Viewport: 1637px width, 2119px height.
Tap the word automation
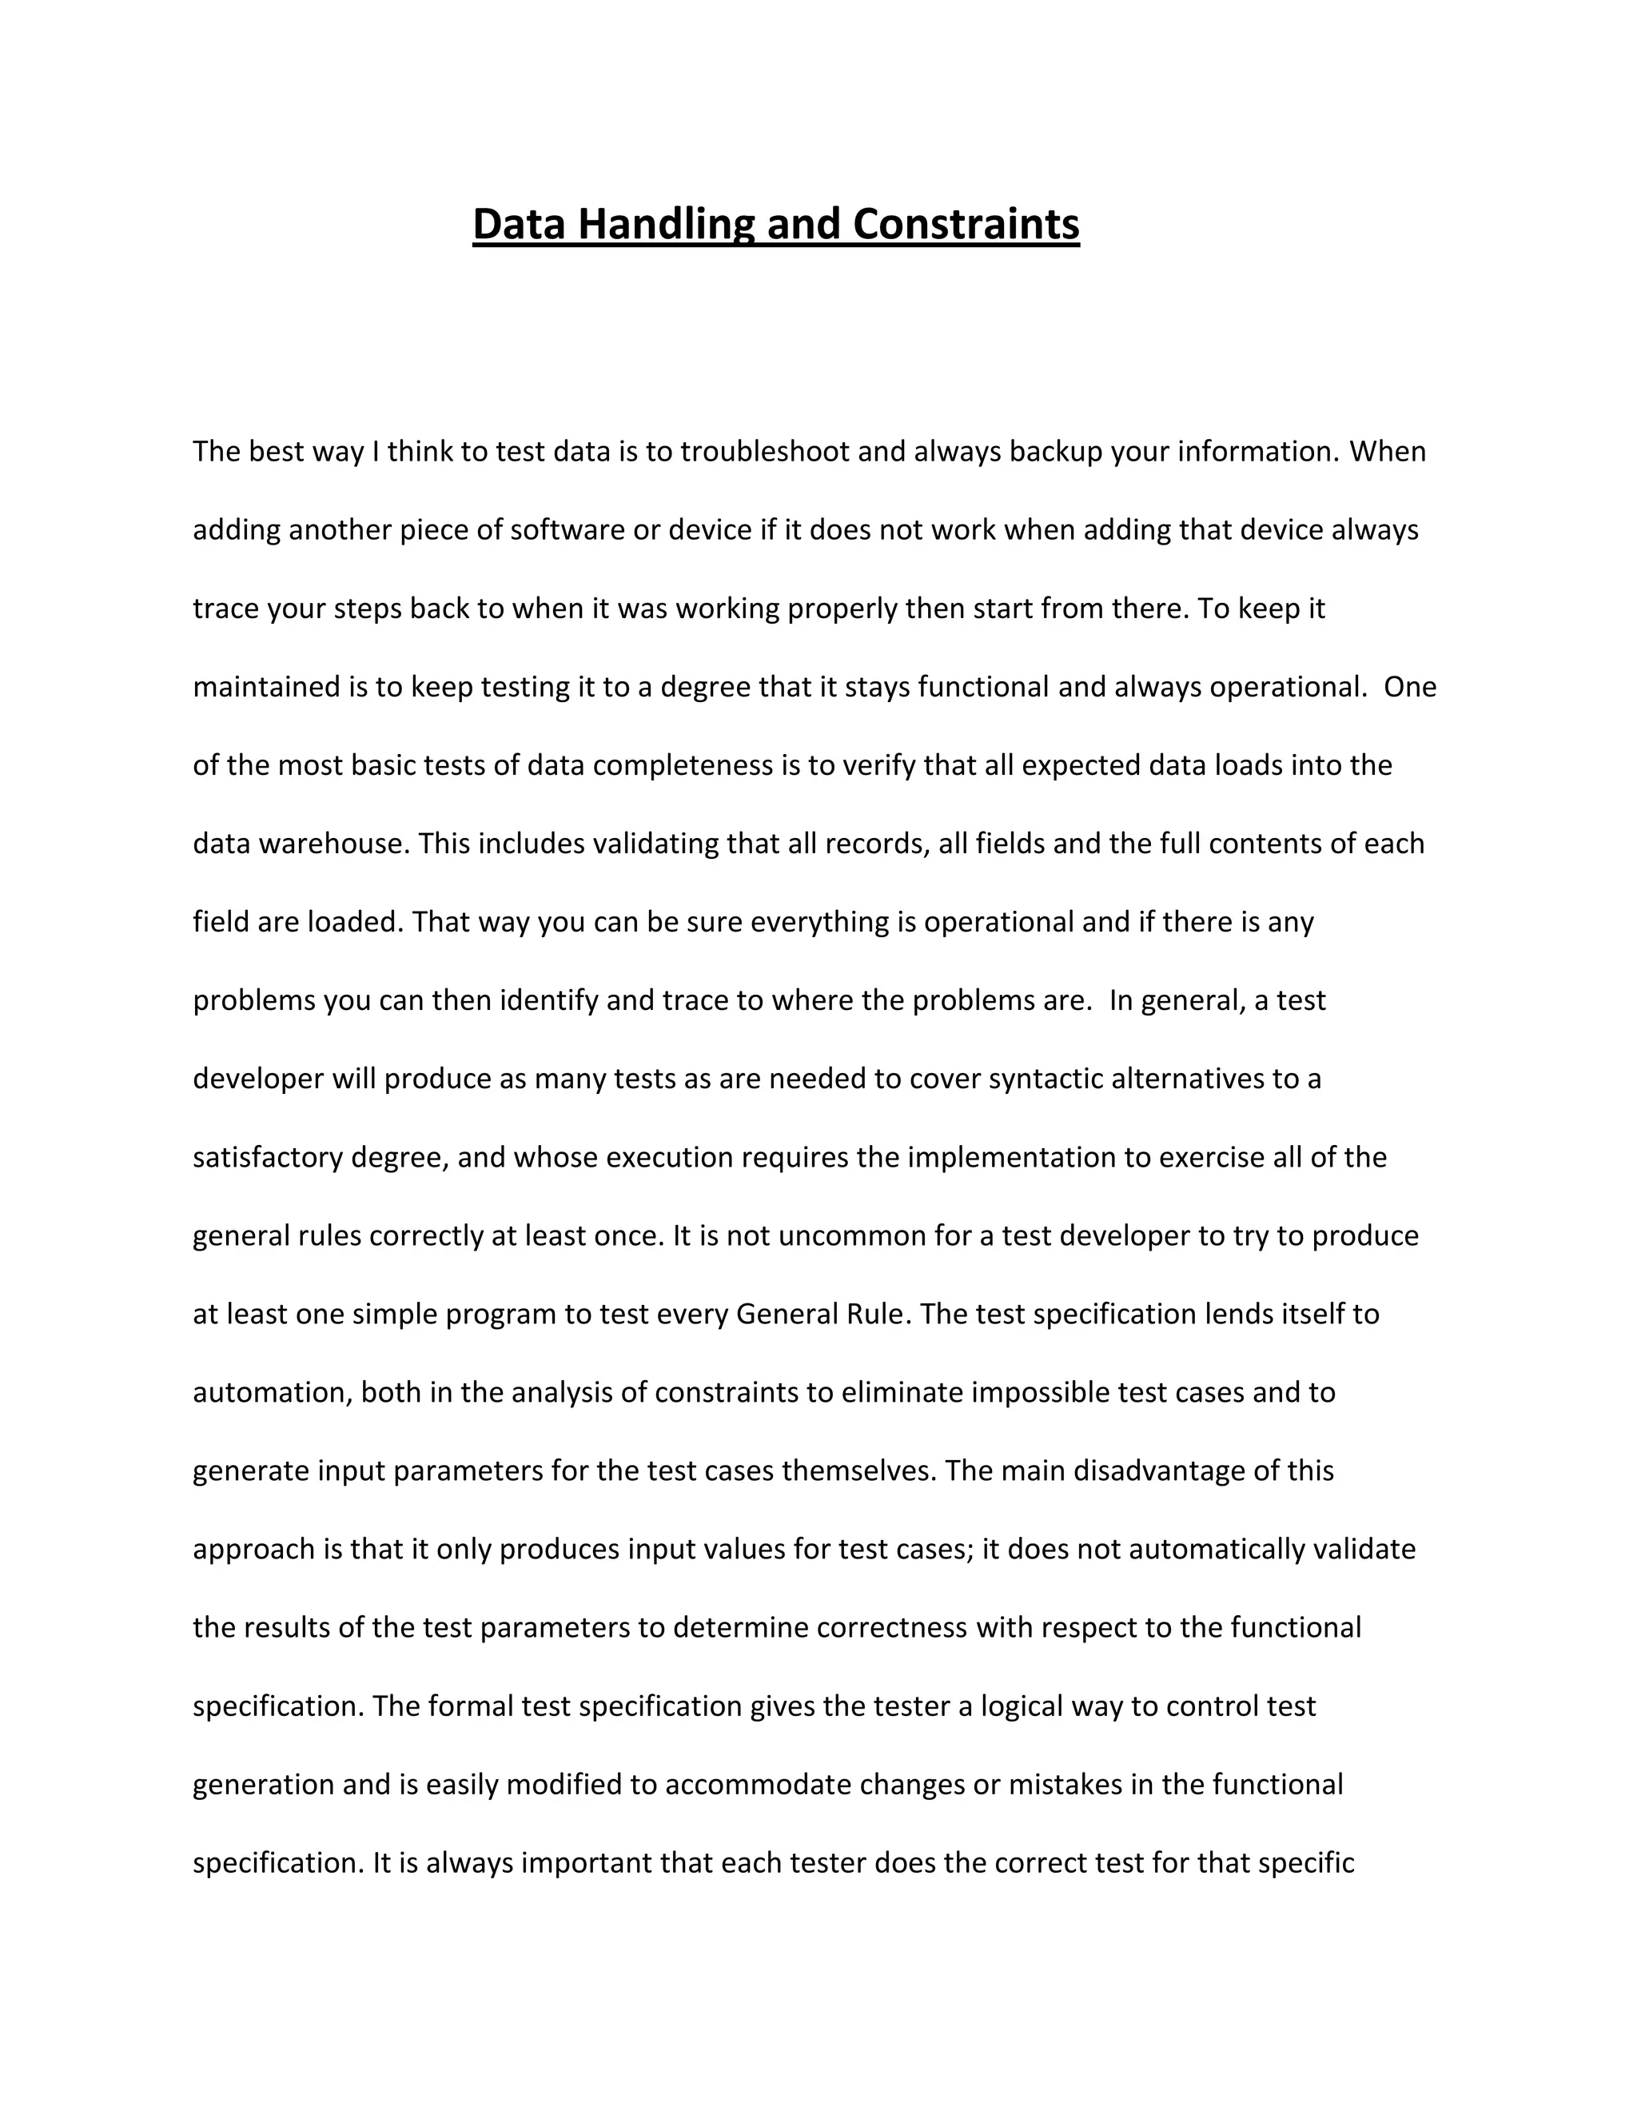click(272, 1392)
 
